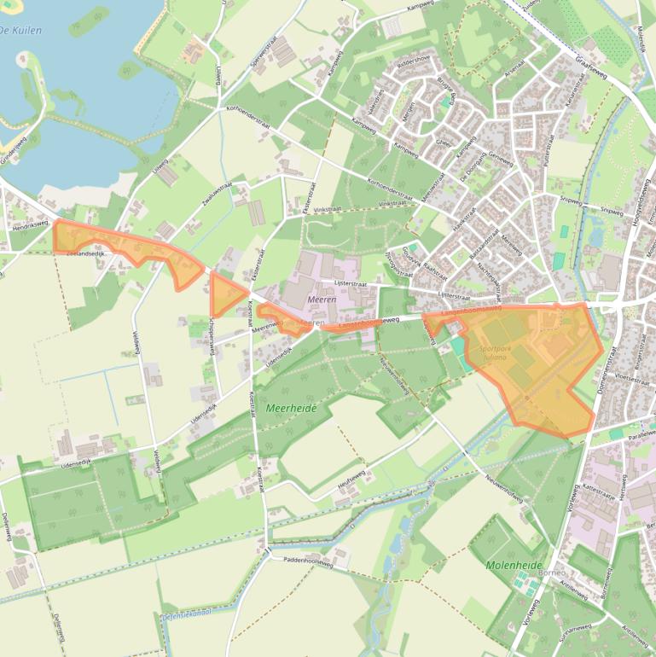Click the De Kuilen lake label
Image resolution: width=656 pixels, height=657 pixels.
coord(22,30)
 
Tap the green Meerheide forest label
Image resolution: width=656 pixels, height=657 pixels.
coord(291,409)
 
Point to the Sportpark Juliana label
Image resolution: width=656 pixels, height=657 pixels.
coord(494,352)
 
